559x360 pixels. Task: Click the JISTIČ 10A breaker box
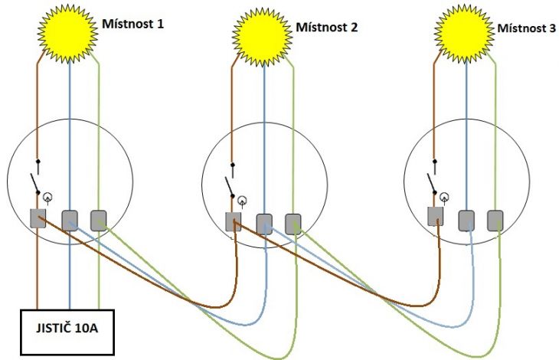(x=67, y=332)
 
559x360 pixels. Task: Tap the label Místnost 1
(x=133, y=24)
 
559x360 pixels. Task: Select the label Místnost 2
(x=326, y=27)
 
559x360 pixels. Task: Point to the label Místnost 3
(x=527, y=28)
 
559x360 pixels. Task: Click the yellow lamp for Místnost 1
(x=67, y=33)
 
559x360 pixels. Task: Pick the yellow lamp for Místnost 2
(x=263, y=37)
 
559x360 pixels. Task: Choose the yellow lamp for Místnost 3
(x=464, y=34)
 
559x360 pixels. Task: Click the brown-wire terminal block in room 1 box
(x=38, y=218)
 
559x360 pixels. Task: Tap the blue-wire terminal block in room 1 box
(x=70, y=221)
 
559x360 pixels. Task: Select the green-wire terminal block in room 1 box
(x=98, y=221)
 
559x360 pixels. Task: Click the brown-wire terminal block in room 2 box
(x=233, y=221)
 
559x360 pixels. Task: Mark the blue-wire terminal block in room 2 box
(x=264, y=224)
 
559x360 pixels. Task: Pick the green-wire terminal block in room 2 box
(x=293, y=224)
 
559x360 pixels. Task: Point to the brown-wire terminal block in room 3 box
(x=436, y=216)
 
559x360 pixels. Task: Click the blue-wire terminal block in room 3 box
(x=466, y=221)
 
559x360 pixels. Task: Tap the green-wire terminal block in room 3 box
(x=495, y=221)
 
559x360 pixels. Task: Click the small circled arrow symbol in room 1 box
(x=47, y=198)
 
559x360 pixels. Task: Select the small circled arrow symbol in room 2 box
(x=243, y=201)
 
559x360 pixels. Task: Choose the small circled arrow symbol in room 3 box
(x=444, y=198)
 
